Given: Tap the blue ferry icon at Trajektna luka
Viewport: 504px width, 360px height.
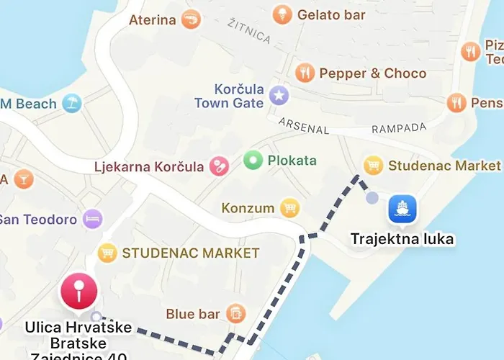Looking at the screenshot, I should tap(402, 210).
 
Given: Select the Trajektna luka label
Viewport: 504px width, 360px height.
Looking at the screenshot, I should tap(402, 238).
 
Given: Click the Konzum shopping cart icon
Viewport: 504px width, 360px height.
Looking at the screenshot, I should tap(289, 208).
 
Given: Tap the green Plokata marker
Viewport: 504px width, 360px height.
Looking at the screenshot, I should tap(252, 160).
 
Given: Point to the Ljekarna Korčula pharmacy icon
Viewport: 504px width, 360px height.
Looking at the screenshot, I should tap(218, 167).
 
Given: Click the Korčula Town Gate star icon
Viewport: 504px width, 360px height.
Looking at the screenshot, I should tap(279, 94).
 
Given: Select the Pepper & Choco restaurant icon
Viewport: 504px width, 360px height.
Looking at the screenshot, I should tap(305, 73).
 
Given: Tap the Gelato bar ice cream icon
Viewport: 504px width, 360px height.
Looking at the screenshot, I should tap(282, 14).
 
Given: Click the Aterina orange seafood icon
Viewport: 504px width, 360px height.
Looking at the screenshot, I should tap(191, 19).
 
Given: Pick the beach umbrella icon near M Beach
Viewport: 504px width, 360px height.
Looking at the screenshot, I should tap(71, 104).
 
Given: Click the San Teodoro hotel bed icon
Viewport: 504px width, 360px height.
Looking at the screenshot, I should tap(92, 219).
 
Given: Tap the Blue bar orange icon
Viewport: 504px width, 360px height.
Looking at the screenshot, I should tap(235, 313).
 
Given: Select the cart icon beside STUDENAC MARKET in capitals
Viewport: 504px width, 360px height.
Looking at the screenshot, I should tap(107, 253).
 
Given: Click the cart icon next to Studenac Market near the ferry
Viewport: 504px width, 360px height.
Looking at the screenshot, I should tap(373, 166).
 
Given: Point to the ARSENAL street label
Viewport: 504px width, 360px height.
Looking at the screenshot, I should tap(304, 126).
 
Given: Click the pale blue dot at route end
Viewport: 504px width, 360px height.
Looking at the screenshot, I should tap(372, 197).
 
